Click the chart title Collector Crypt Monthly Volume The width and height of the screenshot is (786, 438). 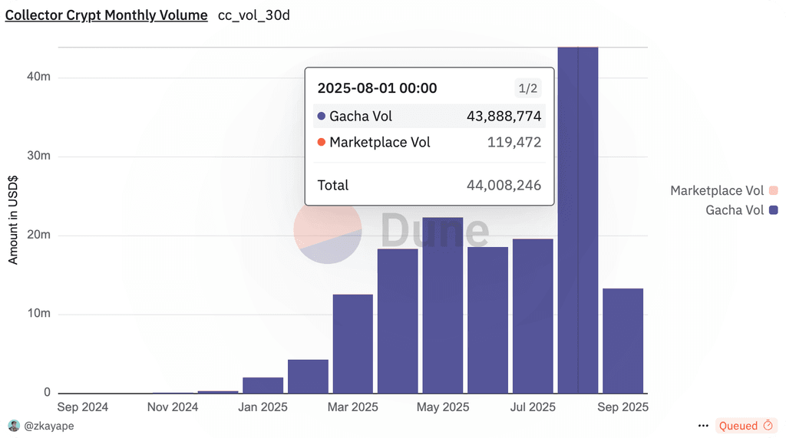(x=106, y=15)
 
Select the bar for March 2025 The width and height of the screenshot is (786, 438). (x=353, y=344)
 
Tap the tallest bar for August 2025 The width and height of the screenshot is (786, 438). (x=578, y=220)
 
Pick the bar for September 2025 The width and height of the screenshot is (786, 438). (x=623, y=341)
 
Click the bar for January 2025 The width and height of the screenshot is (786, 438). (x=263, y=385)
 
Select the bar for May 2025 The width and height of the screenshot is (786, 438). (x=443, y=305)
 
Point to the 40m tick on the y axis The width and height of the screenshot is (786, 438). (x=38, y=77)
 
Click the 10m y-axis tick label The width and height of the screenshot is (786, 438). (x=38, y=313)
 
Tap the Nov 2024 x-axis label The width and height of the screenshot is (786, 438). (x=173, y=407)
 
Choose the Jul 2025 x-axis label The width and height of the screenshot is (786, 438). (x=533, y=407)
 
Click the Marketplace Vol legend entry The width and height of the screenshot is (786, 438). (x=724, y=190)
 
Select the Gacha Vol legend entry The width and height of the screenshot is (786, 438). (x=741, y=210)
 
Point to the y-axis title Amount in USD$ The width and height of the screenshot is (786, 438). (x=12, y=220)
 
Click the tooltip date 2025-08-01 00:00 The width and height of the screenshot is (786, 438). (x=377, y=88)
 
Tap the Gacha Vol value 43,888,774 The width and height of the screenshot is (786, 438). (x=504, y=117)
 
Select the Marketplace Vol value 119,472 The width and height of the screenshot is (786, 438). (x=514, y=143)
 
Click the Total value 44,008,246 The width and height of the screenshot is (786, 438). (x=504, y=186)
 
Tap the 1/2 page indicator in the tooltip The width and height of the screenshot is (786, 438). (x=528, y=89)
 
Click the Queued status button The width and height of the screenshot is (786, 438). (x=746, y=426)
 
